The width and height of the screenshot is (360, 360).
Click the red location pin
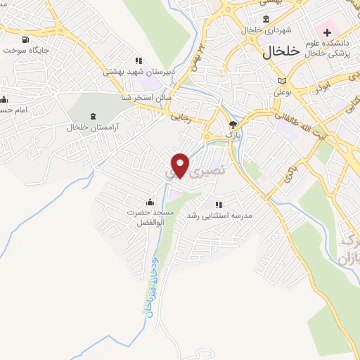click(181, 165)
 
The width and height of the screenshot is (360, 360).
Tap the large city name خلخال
click(281, 51)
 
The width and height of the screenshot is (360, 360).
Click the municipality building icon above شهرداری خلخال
click(266, 18)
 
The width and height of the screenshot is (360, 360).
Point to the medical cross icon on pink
click(327, 32)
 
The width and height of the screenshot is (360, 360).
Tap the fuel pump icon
click(26, 39)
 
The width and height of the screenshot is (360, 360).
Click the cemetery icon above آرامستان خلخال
click(93, 116)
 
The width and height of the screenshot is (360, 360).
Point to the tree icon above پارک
click(233, 124)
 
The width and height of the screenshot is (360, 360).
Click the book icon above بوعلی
click(282, 81)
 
